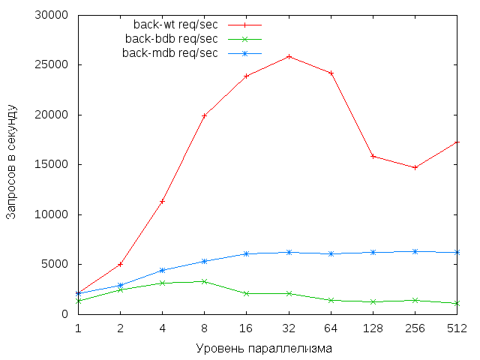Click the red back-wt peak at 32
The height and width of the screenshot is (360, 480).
[289, 56]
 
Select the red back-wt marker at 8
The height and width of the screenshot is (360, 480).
[204, 115]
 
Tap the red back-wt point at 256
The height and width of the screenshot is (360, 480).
[415, 167]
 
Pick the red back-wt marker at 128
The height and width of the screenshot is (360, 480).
[373, 156]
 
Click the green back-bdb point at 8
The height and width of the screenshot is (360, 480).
[204, 281]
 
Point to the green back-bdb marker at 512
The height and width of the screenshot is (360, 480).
[457, 303]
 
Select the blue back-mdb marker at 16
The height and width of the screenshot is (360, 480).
[246, 253]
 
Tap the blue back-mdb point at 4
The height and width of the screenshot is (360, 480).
[162, 270]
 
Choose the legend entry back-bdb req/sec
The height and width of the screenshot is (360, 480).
[171, 39]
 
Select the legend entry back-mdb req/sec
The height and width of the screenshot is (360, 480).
[169, 52]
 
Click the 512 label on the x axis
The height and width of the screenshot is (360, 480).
[457, 328]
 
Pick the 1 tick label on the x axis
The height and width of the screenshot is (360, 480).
[78, 328]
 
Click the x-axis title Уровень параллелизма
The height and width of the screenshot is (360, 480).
[264, 348]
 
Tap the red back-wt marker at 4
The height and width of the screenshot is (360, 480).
[162, 201]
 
